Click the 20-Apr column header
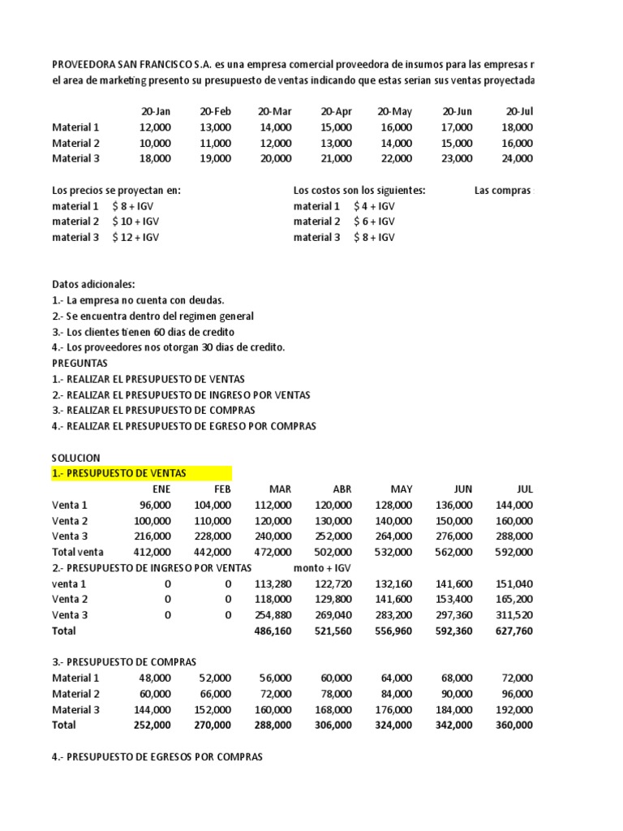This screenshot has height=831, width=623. pyautogui.click(x=336, y=111)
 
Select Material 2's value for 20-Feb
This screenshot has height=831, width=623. pyautogui.click(x=215, y=143)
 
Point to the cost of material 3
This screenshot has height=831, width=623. pyautogui.click(x=374, y=237)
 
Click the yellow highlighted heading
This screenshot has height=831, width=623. pyautogui.click(x=118, y=473)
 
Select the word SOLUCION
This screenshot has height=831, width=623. pyautogui.click(x=76, y=458)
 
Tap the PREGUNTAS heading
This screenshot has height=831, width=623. pyautogui.click(x=79, y=363)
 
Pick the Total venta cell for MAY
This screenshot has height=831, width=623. pyautogui.click(x=395, y=552)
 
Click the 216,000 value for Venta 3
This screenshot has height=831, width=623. pyautogui.click(x=154, y=536)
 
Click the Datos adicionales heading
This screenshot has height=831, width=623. pyautogui.click(x=94, y=284)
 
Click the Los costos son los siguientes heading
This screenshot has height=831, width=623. pyautogui.click(x=359, y=190)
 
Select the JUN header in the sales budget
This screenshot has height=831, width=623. pyautogui.click(x=462, y=489)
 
